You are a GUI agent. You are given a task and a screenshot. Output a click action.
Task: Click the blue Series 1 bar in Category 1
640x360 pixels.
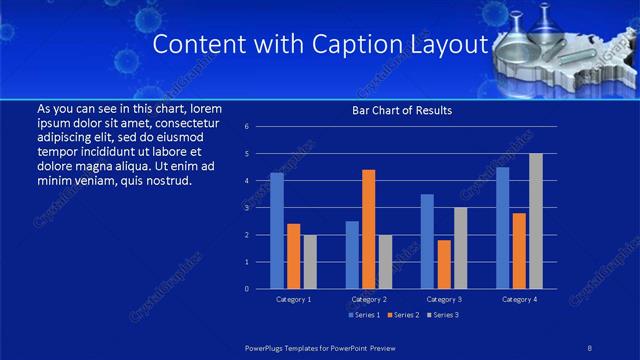click(x=277, y=231)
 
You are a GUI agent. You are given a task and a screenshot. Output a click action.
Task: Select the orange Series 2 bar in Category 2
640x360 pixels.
click(x=368, y=229)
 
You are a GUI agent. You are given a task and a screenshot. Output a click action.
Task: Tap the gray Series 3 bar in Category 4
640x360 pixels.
click(x=536, y=221)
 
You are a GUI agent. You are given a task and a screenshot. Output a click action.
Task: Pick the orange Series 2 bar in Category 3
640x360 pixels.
click(x=444, y=264)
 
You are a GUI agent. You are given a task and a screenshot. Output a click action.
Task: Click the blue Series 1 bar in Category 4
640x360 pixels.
click(x=502, y=228)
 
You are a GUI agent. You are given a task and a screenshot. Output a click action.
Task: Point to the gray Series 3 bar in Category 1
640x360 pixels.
click(x=310, y=262)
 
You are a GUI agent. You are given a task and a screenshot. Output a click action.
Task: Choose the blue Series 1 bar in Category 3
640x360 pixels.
click(x=427, y=241)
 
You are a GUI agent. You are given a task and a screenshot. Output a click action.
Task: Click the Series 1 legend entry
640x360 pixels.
click(x=364, y=315)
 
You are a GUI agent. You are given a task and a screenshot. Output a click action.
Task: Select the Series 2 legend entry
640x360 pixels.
click(x=404, y=315)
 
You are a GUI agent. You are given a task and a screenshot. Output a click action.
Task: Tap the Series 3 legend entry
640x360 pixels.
click(x=444, y=315)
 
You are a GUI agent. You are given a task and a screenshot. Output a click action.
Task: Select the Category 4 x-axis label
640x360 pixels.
click(x=519, y=299)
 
